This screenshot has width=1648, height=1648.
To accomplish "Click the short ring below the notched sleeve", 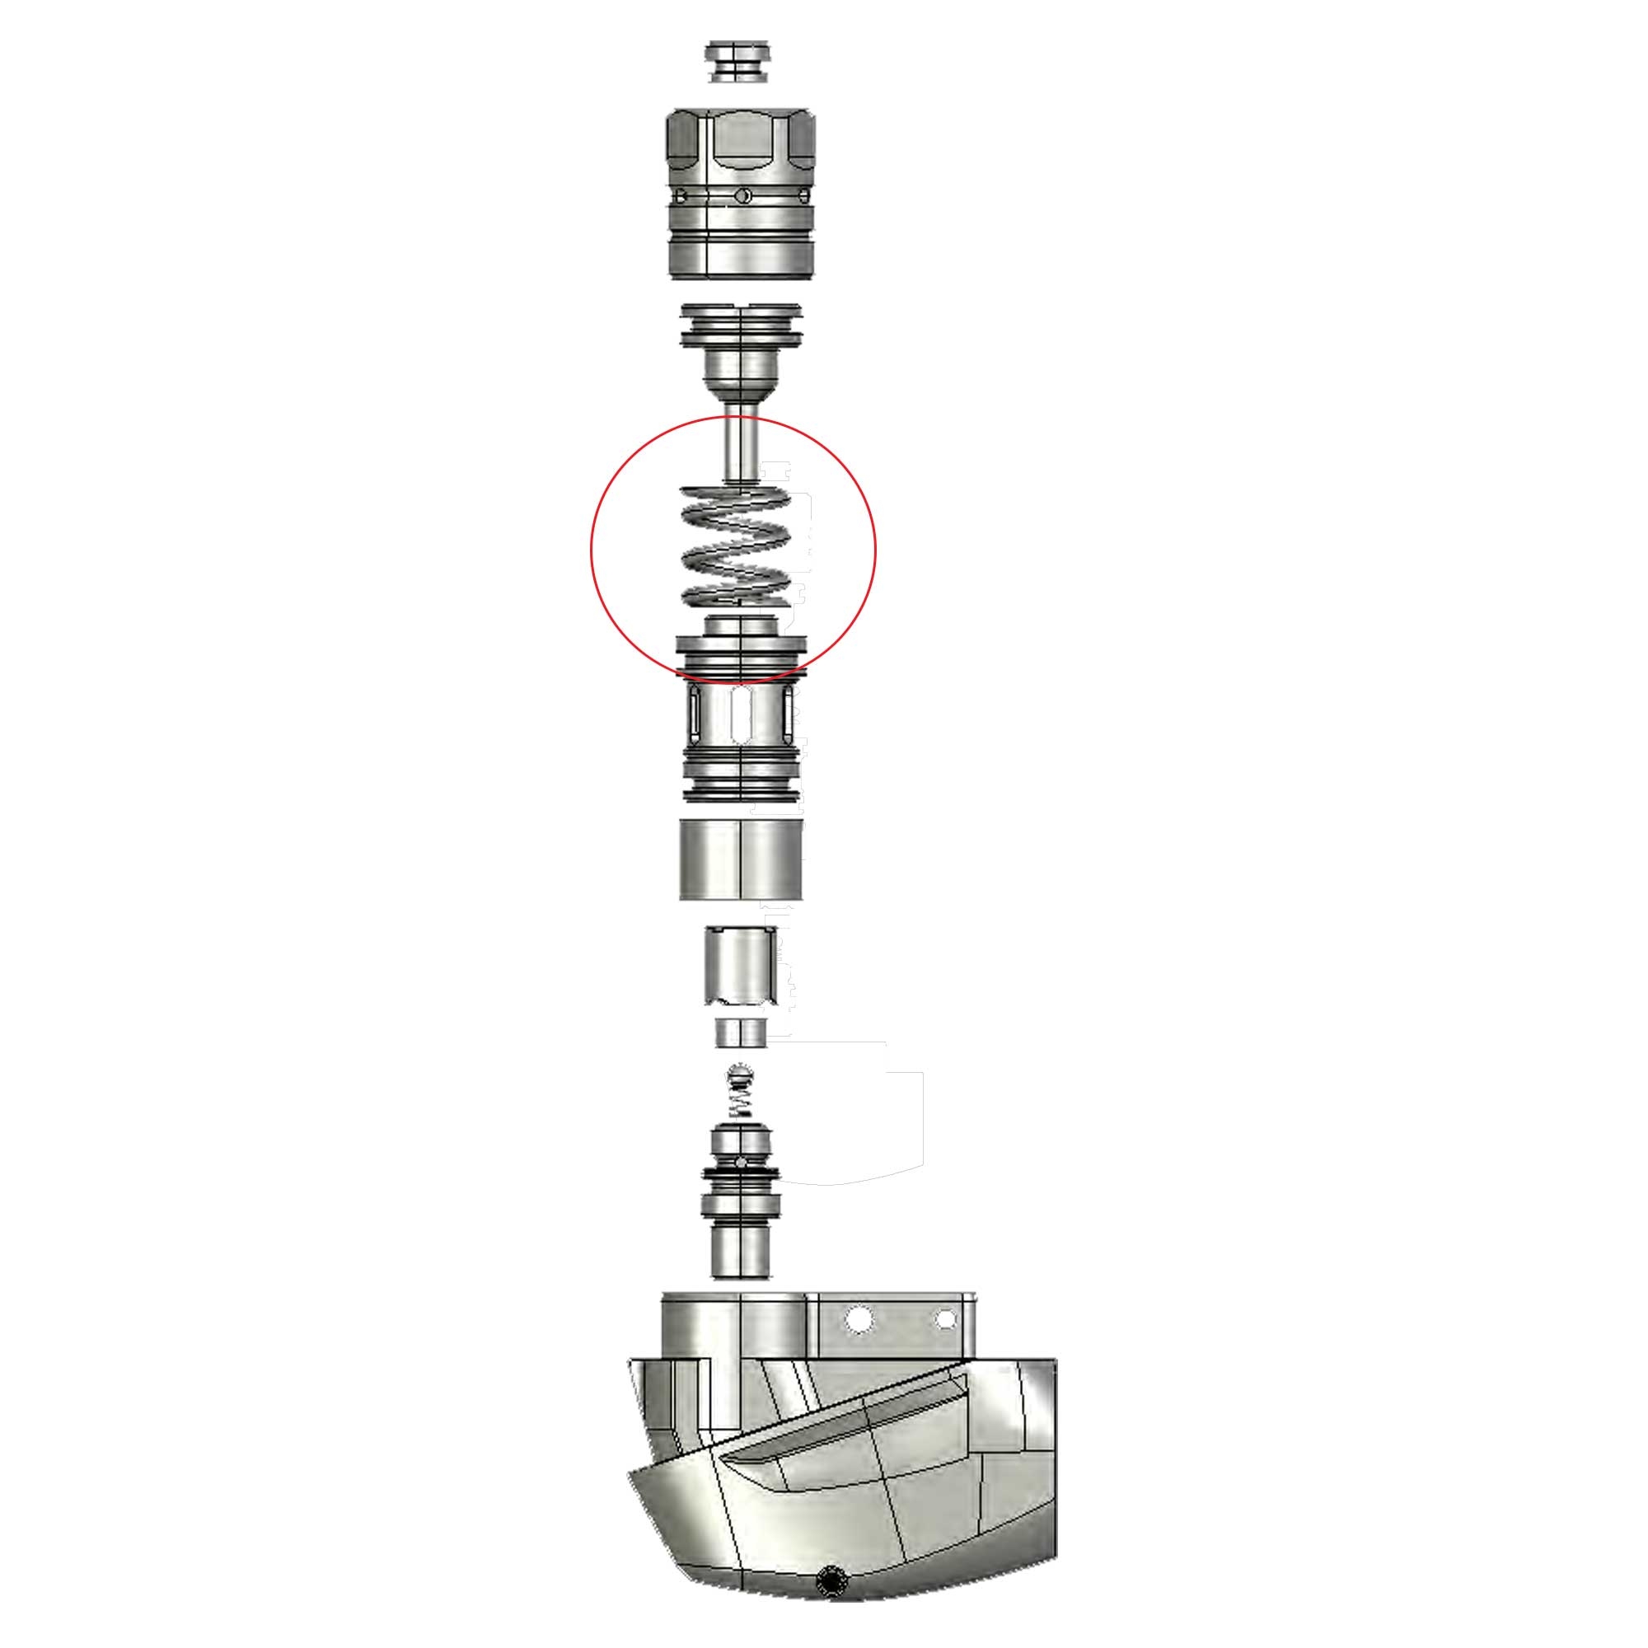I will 741,1034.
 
